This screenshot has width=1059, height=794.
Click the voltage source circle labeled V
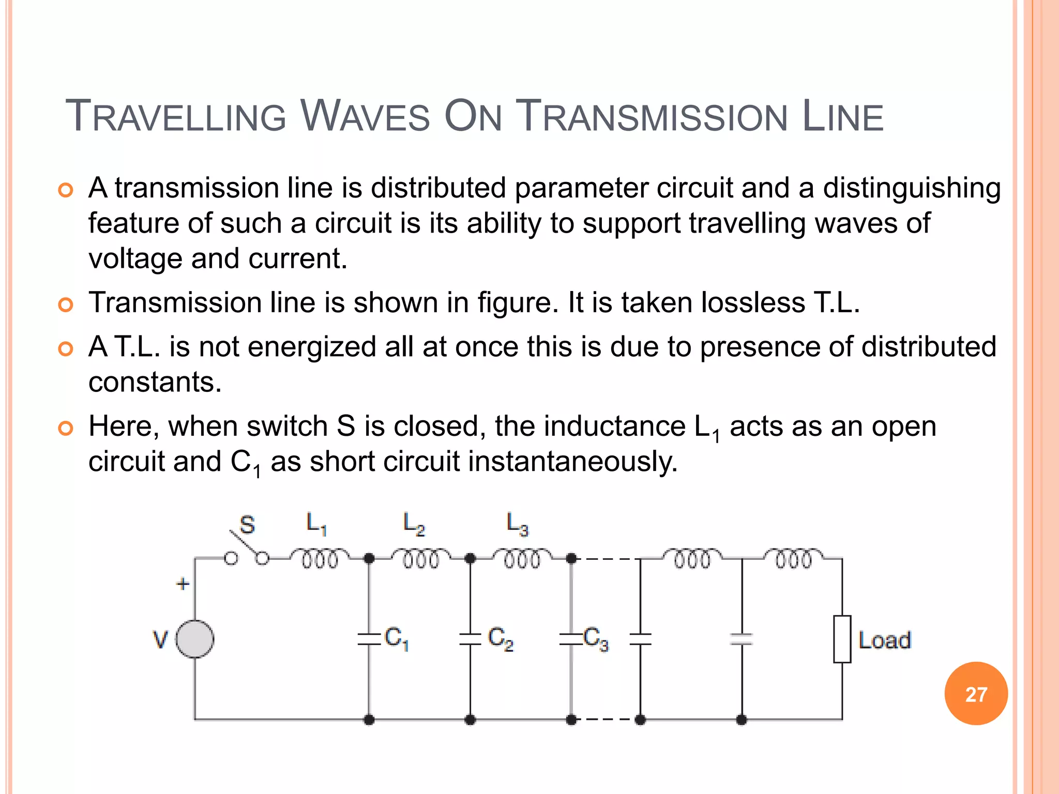coord(195,639)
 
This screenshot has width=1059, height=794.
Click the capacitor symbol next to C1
coord(369,639)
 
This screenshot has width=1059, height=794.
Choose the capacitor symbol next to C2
coord(470,639)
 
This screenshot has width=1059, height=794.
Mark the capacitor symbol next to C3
coord(570,639)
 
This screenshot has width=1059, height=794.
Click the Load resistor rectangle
coord(842,639)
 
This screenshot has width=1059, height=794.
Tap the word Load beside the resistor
coord(885,640)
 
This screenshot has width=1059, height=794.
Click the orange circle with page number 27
coord(976,694)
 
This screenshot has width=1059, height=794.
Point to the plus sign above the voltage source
coord(183,584)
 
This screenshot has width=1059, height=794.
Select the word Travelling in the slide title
coord(176,116)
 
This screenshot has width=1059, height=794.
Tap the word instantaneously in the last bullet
coord(572,461)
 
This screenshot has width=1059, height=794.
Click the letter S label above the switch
coord(248,525)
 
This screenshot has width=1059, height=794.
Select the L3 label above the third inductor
coord(517,524)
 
